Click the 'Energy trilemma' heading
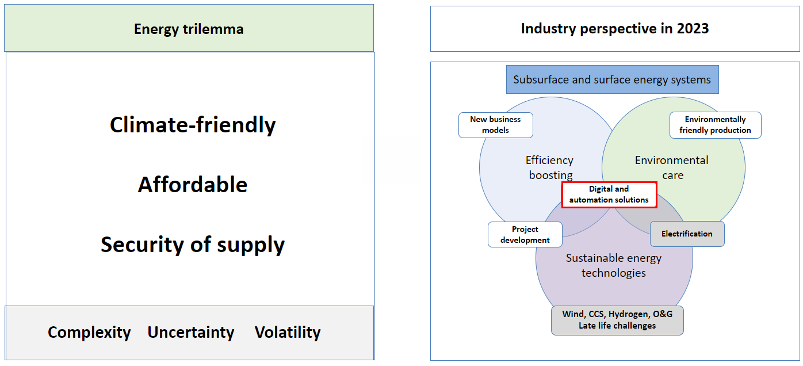pos(189,29)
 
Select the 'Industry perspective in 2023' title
pos(614,28)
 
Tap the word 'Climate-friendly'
pos(193,125)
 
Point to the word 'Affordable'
pos(193,185)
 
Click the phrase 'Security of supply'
pos(193,245)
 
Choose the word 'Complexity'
pos(89,333)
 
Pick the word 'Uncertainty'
pos(191,333)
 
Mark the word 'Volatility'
pos(288,333)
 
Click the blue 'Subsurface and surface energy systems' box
pos(612,80)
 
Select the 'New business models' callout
pos(495,125)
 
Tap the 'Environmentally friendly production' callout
pos(715,125)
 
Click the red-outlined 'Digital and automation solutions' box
pos(609,195)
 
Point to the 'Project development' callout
pos(525,235)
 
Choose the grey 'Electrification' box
pos(687,234)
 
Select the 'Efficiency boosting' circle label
pos(550,167)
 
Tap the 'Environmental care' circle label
pos(672,167)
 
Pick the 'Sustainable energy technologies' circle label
pos(614,265)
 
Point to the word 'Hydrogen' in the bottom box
pos(628,314)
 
